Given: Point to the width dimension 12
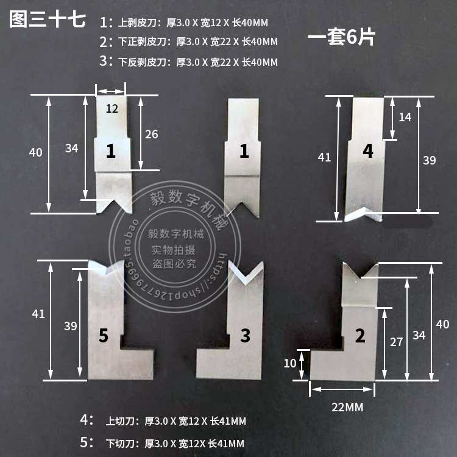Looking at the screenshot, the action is (x=112, y=109).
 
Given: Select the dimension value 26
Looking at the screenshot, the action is (x=152, y=134).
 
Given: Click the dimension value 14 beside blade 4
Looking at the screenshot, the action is (x=405, y=116).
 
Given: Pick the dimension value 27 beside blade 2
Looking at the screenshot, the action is (x=397, y=342).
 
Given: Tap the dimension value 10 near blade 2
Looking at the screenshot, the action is (x=291, y=363).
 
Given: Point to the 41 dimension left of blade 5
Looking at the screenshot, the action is (x=38, y=314).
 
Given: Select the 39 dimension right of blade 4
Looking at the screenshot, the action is (x=429, y=160).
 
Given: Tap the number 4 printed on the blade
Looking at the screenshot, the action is (x=367, y=151).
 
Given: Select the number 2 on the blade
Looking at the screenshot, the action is (x=360, y=335).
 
